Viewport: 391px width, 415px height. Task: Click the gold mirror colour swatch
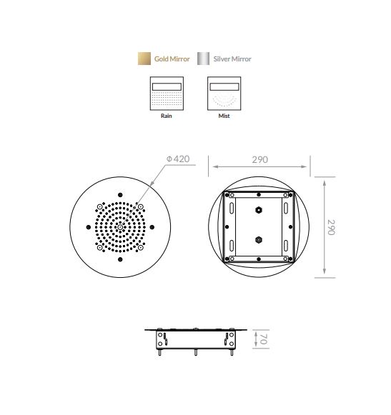click(x=144, y=59)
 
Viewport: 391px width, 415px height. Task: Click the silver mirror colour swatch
click(x=203, y=59)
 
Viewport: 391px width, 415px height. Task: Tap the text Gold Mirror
click(x=172, y=59)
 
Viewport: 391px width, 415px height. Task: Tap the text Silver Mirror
click(x=232, y=59)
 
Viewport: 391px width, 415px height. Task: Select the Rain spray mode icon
click(x=167, y=94)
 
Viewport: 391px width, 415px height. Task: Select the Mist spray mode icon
click(x=224, y=94)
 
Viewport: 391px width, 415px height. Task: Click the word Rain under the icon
click(x=167, y=116)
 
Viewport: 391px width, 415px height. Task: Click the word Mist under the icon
click(x=224, y=116)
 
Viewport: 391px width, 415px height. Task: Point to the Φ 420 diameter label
click(x=178, y=159)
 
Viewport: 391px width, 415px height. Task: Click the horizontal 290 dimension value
click(x=260, y=159)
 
